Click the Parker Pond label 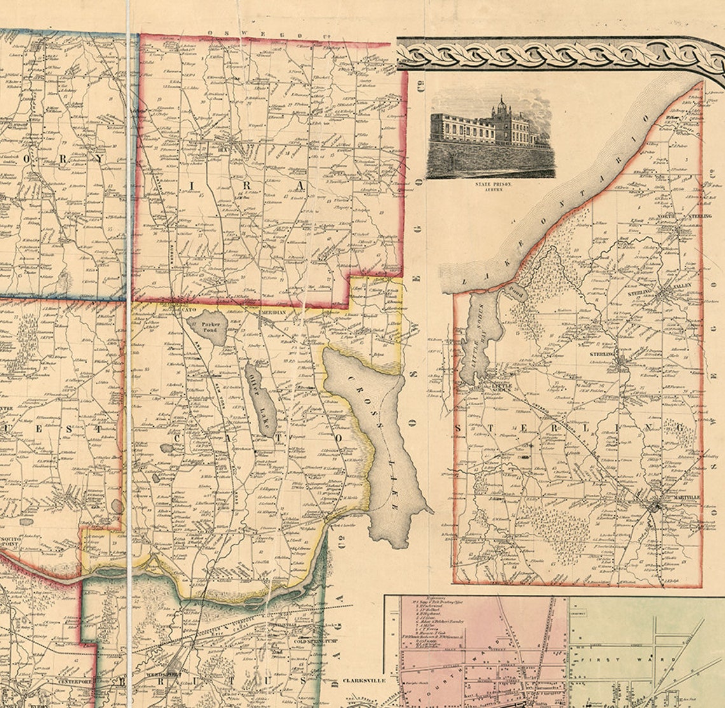click(209, 327)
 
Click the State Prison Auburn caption click(492, 186)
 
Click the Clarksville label click(364, 680)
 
